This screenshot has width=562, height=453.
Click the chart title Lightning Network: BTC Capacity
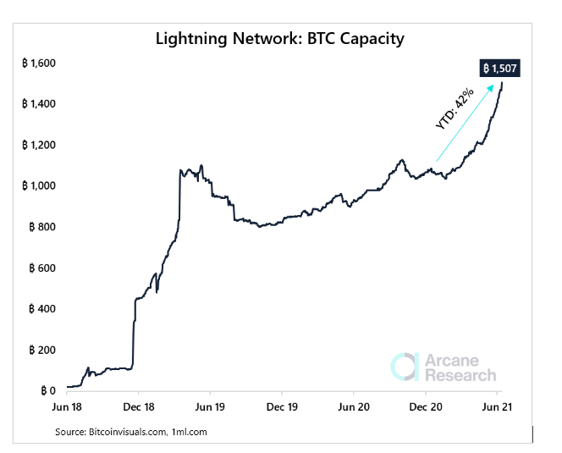pos(281,39)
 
